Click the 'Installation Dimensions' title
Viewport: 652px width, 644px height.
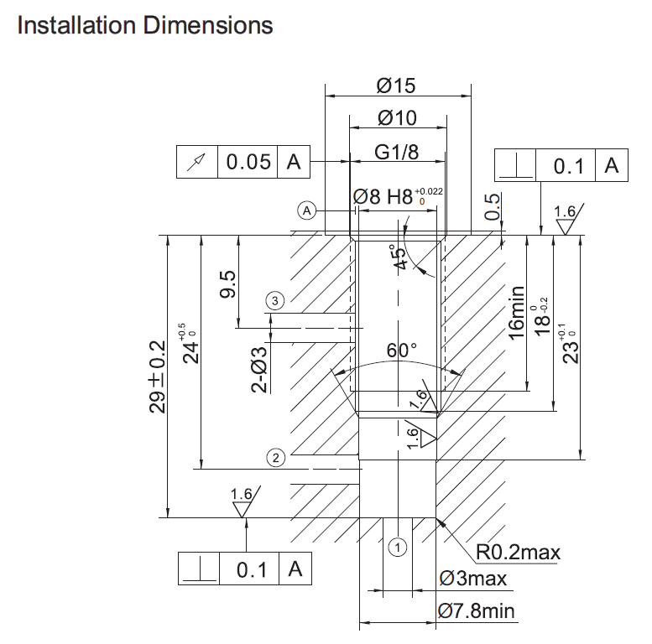click(x=145, y=25)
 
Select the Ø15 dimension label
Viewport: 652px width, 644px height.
click(x=396, y=86)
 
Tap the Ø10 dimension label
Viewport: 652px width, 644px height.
click(x=397, y=118)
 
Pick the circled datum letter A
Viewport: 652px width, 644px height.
click(x=308, y=210)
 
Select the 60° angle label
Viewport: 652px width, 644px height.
click(x=402, y=351)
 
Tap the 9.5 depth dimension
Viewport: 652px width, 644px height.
click(x=227, y=284)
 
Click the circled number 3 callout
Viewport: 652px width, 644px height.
click(x=274, y=299)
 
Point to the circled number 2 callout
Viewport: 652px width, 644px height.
click(x=274, y=457)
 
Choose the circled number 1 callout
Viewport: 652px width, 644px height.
click(x=399, y=548)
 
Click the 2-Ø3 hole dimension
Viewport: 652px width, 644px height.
click(x=260, y=369)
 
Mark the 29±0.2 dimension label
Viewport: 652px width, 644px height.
click(x=157, y=377)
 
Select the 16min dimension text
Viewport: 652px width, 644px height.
click(x=517, y=312)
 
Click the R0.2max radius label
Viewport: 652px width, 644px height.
click(x=518, y=553)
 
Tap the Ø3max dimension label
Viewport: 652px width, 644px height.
click(x=472, y=579)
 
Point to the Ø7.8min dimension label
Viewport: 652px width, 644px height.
click(x=477, y=611)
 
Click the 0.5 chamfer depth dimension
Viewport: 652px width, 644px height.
click(x=493, y=206)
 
